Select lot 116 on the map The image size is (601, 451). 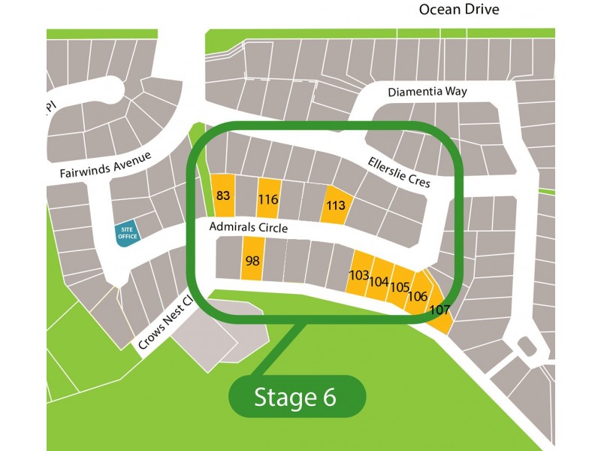(x=268, y=200)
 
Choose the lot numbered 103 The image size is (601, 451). (x=359, y=276)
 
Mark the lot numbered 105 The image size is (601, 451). (x=399, y=287)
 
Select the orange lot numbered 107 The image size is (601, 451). (x=439, y=310)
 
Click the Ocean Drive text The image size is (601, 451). (x=459, y=10)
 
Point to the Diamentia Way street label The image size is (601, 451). (x=427, y=92)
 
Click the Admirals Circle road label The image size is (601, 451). (x=248, y=227)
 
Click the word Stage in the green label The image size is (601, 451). (x=286, y=398)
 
